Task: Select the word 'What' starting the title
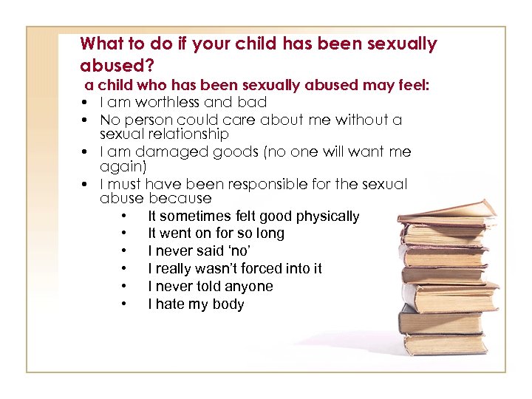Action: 102,44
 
